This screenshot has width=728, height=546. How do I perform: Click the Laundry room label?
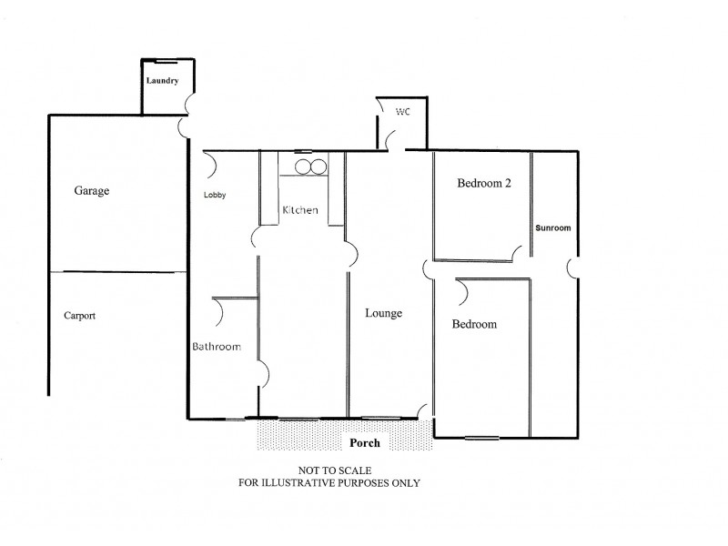(x=163, y=81)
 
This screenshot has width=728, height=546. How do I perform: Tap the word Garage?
(x=92, y=191)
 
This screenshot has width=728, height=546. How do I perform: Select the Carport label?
(x=80, y=316)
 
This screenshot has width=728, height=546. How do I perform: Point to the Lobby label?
(x=215, y=195)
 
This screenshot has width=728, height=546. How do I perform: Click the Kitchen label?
(x=300, y=210)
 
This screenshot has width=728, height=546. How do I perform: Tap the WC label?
(x=403, y=111)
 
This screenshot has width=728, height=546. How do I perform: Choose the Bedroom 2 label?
(x=483, y=183)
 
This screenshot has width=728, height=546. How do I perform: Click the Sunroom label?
(x=553, y=227)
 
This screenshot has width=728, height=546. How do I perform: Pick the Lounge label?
(x=383, y=313)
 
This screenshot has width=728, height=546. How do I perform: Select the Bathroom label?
(x=216, y=347)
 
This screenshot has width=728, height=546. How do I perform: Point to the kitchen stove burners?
(x=309, y=167)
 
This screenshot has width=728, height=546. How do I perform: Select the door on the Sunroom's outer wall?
(x=572, y=268)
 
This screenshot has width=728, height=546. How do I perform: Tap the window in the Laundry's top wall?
(x=166, y=61)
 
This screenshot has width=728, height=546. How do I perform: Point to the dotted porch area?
(x=300, y=435)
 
